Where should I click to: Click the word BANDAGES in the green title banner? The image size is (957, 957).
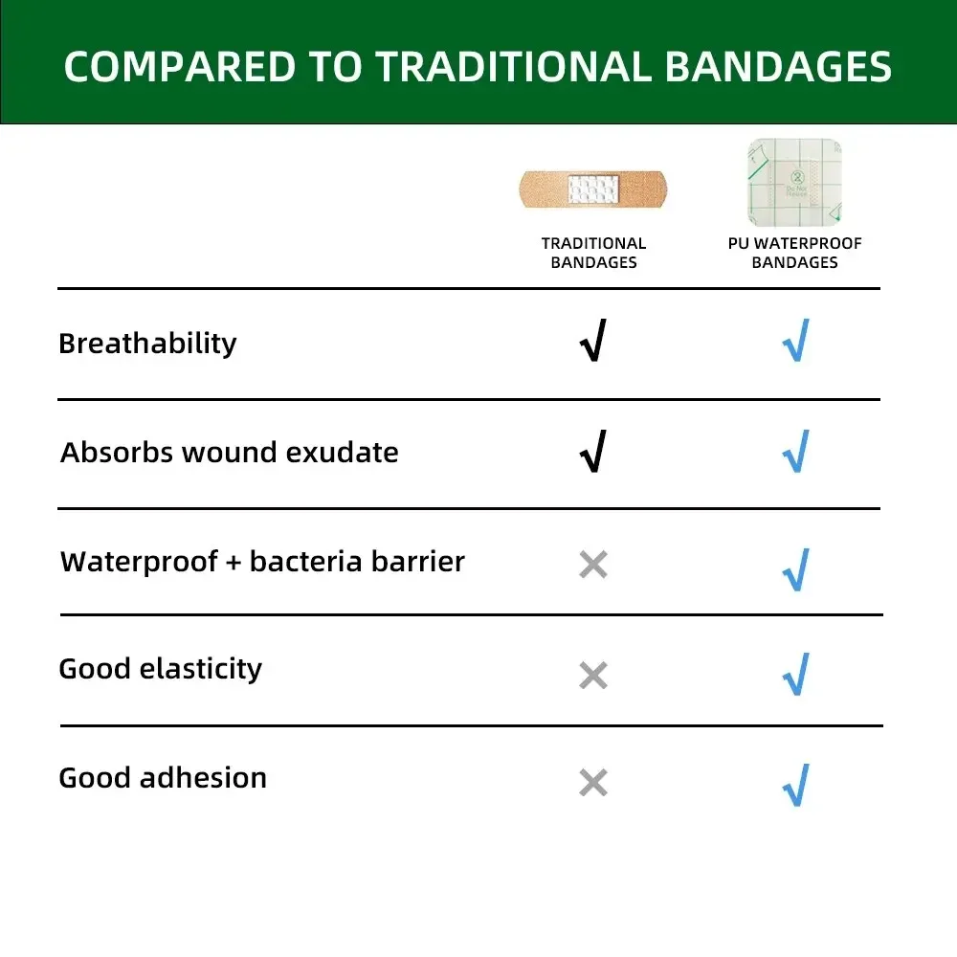[x=778, y=67]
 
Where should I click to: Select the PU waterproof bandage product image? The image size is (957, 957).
[x=794, y=182]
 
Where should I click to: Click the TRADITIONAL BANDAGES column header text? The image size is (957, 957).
[x=593, y=253]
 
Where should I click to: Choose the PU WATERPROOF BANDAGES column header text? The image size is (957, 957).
[x=794, y=253]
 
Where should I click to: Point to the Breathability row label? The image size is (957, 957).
[x=147, y=344]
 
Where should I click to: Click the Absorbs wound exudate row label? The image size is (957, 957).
[x=230, y=453]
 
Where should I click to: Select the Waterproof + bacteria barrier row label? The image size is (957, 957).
[x=262, y=562]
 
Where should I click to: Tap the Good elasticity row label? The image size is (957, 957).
[x=160, y=669]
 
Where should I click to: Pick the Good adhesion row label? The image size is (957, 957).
[x=163, y=778]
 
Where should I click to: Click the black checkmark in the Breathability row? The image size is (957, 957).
[x=593, y=342]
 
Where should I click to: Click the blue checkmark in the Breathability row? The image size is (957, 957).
[x=795, y=342]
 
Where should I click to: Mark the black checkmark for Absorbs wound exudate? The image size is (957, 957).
[x=593, y=451]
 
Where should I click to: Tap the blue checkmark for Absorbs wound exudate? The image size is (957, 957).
[x=795, y=451]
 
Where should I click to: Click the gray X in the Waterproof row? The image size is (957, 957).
[x=593, y=565]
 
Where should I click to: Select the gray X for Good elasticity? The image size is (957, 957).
[x=593, y=676]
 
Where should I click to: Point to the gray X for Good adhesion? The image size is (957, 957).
[x=593, y=783]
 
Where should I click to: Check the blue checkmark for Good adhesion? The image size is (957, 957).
[x=795, y=785]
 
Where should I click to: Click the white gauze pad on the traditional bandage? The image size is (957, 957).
[x=593, y=189]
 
